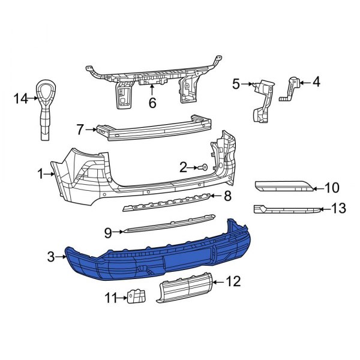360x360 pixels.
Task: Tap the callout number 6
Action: click(152, 103)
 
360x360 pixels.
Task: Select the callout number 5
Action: click(236, 85)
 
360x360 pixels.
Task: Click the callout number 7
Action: click(80, 128)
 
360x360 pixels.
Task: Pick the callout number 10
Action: click(332, 187)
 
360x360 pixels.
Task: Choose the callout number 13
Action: click(339, 209)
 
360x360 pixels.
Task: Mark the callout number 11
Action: click(109, 296)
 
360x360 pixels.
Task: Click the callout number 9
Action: click(107, 231)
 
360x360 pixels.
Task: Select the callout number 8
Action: click(227, 196)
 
